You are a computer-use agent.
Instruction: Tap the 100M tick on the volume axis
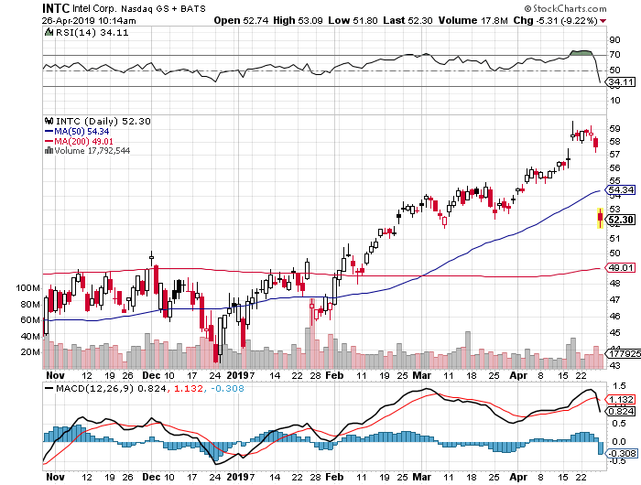tap(29, 287)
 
